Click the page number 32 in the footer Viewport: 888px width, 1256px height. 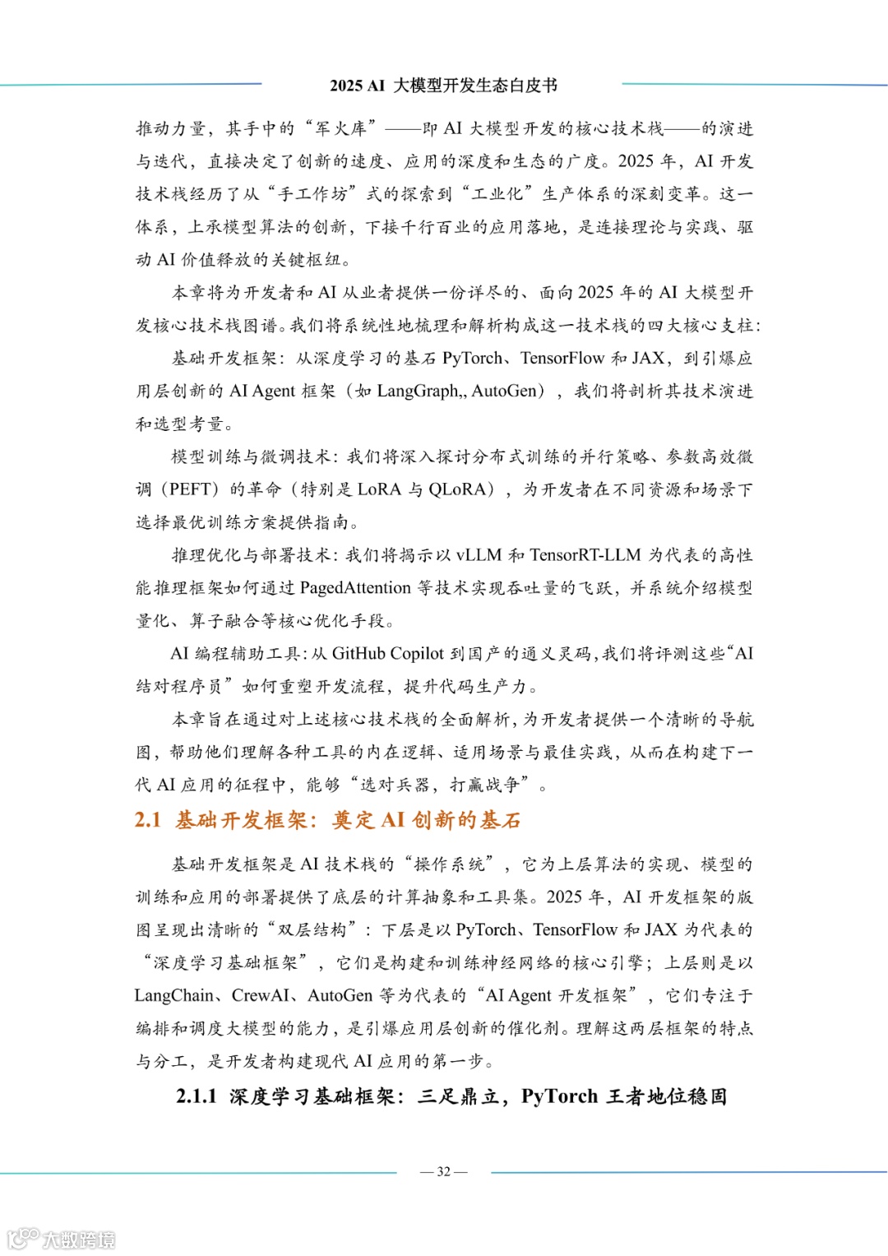click(443, 1171)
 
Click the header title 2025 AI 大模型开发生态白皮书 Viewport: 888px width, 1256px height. click(443, 86)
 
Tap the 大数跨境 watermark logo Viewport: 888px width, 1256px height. click(62, 1239)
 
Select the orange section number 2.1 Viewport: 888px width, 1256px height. click(148, 820)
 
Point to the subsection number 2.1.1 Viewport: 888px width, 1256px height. click(197, 1096)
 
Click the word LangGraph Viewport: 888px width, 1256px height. click(418, 391)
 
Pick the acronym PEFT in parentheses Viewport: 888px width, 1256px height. click(190, 489)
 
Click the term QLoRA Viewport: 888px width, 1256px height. click(458, 489)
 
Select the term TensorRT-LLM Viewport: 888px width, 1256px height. click(585, 555)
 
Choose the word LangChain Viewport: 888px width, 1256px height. click(174, 996)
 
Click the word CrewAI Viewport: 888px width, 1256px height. click(260, 996)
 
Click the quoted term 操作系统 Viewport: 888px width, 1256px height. click(450, 864)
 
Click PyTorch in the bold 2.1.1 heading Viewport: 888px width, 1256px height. click(559, 1096)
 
